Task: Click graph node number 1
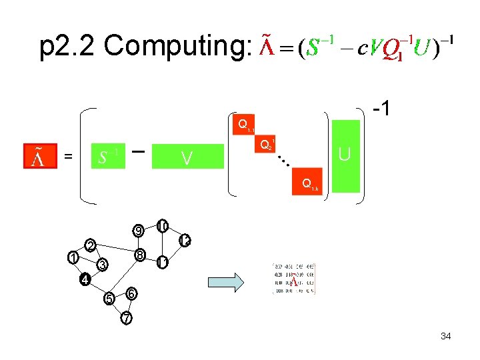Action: [x=72, y=257]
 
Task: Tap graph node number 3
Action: [x=101, y=265]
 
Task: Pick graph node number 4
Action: [x=85, y=279]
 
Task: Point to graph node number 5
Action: [x=108, y=297]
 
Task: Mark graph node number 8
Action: [x=139, y=255]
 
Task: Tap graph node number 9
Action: [x=137, y=231]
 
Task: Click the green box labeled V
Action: [x=187, y=157]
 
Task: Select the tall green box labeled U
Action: [x=345, y=155]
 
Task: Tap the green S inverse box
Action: [x=107, y=157]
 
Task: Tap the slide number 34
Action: [x=445, y=336]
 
